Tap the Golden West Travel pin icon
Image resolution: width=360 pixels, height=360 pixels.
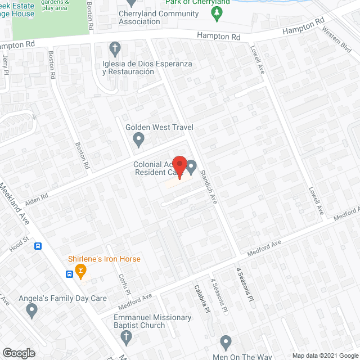[139, 139]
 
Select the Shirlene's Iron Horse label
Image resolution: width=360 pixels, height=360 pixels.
[104, 259]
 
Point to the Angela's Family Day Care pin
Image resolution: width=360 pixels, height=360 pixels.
[31, 309]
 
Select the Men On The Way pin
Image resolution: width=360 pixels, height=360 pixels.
[226, 341]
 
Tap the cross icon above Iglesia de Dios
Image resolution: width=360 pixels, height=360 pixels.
[115, 47]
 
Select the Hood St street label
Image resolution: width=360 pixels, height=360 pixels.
[18, 242]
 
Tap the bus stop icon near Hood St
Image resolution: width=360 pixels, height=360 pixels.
[38, 246]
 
